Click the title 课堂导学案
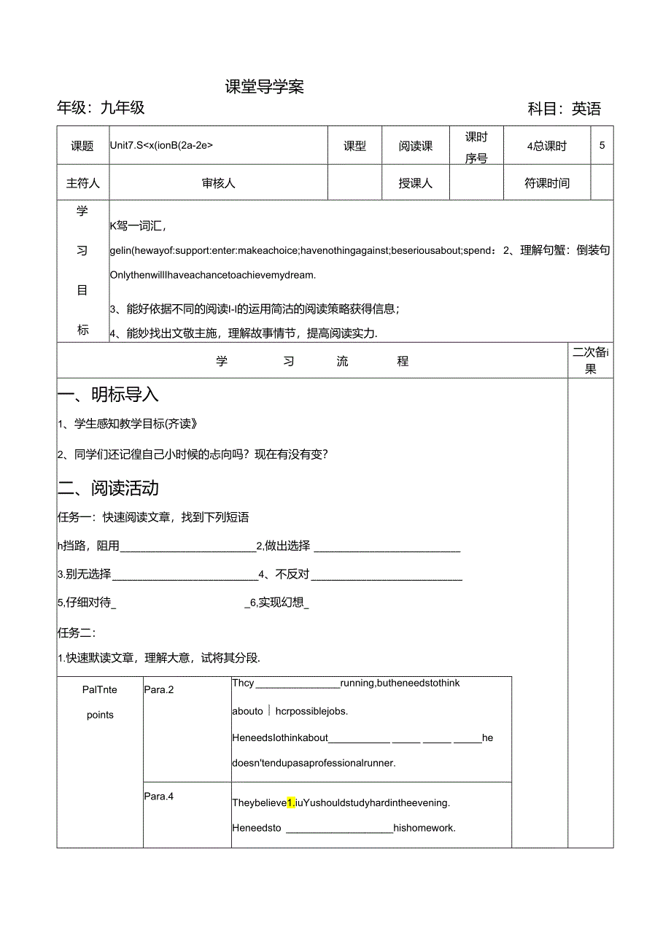pyautogui.click(x=264, y=87)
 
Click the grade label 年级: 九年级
pyautogui.click(x=101, y=108)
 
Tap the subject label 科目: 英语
pyautogui.click(x=564, y=109)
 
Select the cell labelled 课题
pyautogui.click(x=82, y=146)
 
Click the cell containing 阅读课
pyautogui.click(x=415, y=146)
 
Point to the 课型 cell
pyautogui.click(x=354, y=146)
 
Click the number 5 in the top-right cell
pyautogui.click(x=602, y=145)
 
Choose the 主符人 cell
pyautogui.click(x=82, y=183)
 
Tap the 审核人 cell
pyautogui.click(x=218, y=183)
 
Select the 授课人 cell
pyautogui.click(x=415, y=183)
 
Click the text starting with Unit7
pyautogui.click(x=161, y=145)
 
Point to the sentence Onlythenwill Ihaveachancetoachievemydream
pyautogui.click(x=212, y=275)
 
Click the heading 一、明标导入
pyautogui.click(x=108, y=395)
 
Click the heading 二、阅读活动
pyautogui.click(x=108, y=487)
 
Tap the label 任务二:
pyautogui.click(x=77, y=632)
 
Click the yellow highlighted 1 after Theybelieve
pyautogui.click(x=290, y=803)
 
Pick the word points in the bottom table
pyautogui.click(x=100, y=715)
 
